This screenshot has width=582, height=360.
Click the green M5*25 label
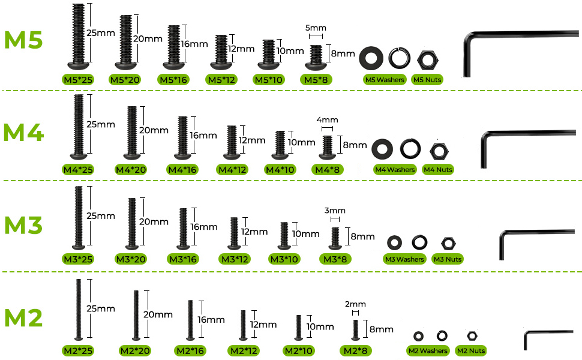[77, 80]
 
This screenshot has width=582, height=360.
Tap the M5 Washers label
[384, 80]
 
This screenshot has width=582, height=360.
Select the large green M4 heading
[23, 133]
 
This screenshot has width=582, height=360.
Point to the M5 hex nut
[428, 59]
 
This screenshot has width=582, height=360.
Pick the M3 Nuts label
[447, 259]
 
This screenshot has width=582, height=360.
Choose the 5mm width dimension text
[316, 28]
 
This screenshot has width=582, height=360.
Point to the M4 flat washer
[382, 148]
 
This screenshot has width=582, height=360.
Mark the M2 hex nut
[472, 335]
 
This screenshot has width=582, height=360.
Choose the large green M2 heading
[23, 317]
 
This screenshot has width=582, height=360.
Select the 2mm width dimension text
[356, 304]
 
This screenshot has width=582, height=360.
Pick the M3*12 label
[234, 259]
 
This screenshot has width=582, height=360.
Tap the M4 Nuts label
[437, 170]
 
